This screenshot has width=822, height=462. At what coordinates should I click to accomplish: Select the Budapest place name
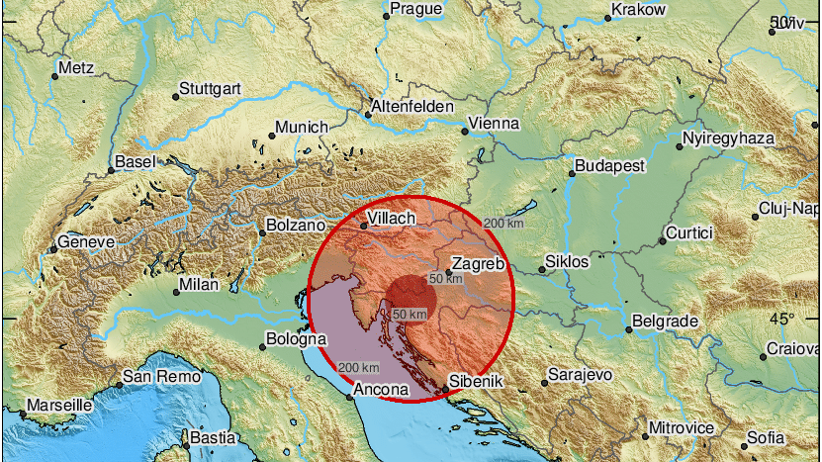[x=611, y=165]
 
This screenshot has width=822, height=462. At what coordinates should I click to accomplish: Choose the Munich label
[x=302, y=128]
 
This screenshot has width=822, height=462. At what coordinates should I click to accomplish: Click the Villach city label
[x=392, y=218]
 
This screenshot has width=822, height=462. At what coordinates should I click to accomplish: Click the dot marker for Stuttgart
[x=176, y=96]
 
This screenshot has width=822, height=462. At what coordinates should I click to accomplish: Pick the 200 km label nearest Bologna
[x=358, y=367]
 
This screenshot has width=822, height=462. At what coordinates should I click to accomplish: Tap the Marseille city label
[x=59, y=406]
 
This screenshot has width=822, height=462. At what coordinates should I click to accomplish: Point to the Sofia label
[x=767, y=436]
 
